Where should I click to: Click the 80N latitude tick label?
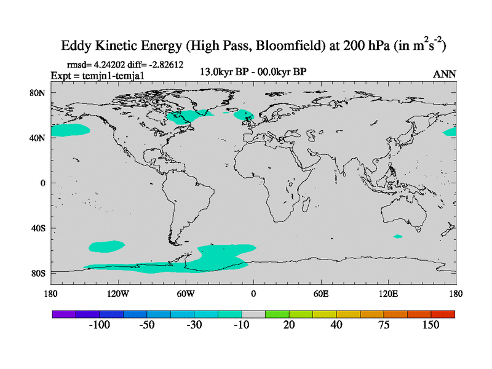(x=38, y=93)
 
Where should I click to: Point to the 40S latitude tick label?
(x=38, y=228)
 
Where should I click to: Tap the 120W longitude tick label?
(x=117, y=293)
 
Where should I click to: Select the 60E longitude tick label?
(x=321, y=293)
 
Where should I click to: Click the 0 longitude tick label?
(x=253, y=293)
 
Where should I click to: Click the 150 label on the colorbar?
(x=430, y=325)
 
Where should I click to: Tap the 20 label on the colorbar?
(x=289, y=325)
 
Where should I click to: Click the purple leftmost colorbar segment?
(x=64, y=314)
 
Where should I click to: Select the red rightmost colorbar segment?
(x=443, y=314)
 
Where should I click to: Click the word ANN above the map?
(x=445, y=74)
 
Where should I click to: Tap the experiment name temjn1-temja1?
(x=108, y=75)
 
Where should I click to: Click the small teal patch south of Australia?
(x=398, y=236)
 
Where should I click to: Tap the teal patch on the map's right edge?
(x=450, y=132)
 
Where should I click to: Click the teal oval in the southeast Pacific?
(x=106, y=246)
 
